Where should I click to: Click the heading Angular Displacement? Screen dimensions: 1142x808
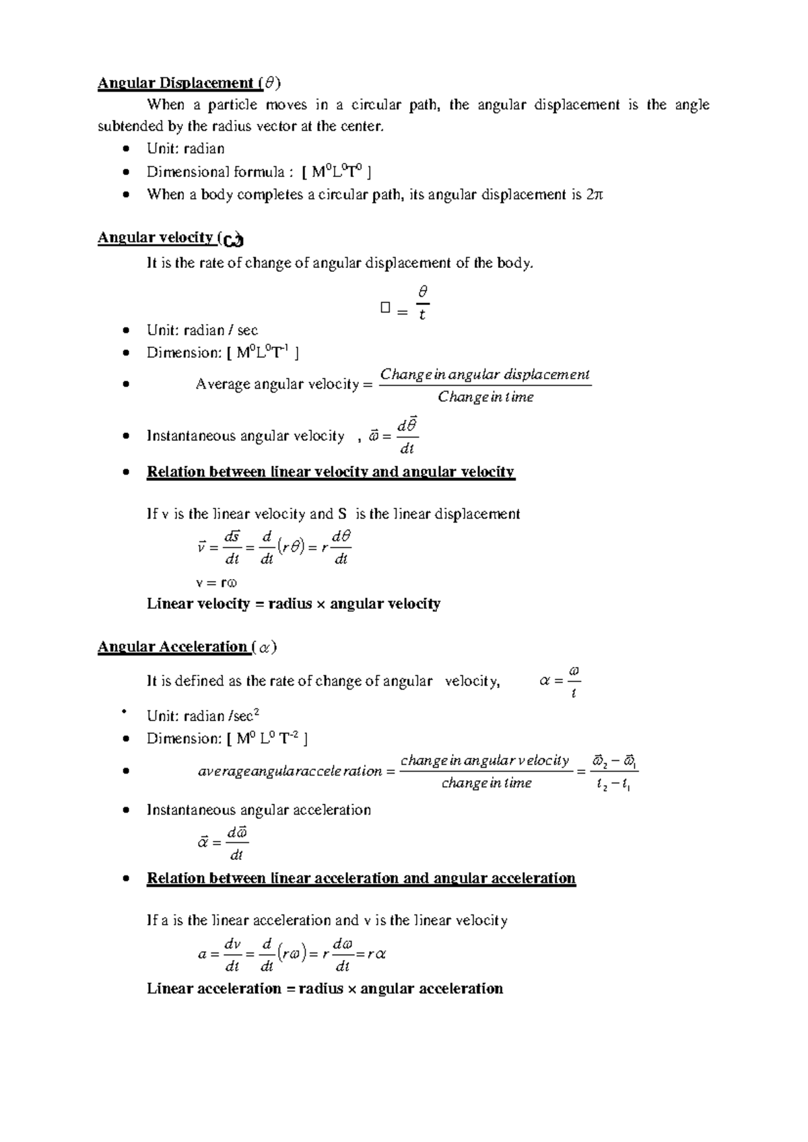pyautogui.click(x=176, y=83)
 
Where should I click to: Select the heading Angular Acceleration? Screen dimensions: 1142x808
pyautogui.click(x=173, y=647)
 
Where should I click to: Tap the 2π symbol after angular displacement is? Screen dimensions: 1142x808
pyautogui.click(x=595, y=195)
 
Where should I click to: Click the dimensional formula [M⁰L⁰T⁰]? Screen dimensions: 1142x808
pyautogui.click(x=337, y=172)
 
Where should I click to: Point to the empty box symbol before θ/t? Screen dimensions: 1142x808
pyautogui.click(x=385, y=308)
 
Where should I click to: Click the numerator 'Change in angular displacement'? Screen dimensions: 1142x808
pyautogui.click(x=485, y=374)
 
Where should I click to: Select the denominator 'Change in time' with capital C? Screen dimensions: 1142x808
pyautogui.click(x=485, y=397)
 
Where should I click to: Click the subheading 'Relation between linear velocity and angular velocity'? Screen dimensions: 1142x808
pyautogui.click(x=331, y=472)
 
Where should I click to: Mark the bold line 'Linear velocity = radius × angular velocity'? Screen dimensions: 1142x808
pyautogui.click(x=294, y=604)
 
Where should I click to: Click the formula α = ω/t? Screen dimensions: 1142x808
pyautogui.click(x=560, y=682)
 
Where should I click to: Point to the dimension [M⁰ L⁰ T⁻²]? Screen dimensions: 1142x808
pyautogui.click(x=268, y=739)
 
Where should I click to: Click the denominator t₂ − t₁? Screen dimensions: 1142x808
pyautogui.click(x=613, y=784)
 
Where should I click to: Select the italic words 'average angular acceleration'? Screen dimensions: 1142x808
pyautogui.click(x=290, y=772)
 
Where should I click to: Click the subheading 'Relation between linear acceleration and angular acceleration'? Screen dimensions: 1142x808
pyautogui.click(x=361, y=879)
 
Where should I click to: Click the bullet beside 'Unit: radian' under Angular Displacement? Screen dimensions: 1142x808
pyautogui.click(x=126, y=149)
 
